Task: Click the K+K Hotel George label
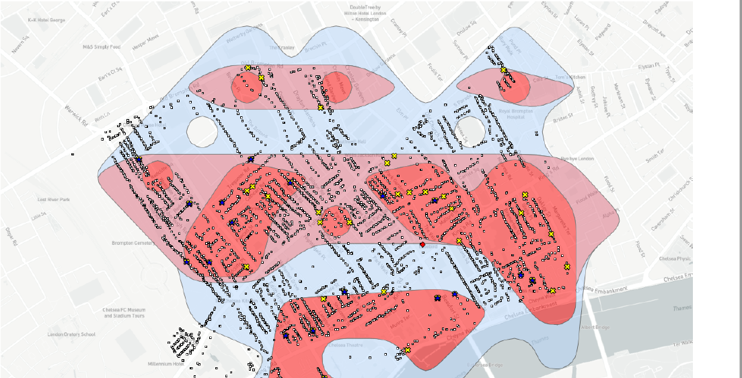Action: (46, 20)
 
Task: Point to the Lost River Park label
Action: (53, 200)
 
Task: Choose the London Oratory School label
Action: (71, 334)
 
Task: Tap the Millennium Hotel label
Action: (165, 364)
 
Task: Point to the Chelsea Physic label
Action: (675, 258)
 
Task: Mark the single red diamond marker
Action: (422, 245)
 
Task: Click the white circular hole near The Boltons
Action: (202, 131)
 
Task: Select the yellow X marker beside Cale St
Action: (503, 70)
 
